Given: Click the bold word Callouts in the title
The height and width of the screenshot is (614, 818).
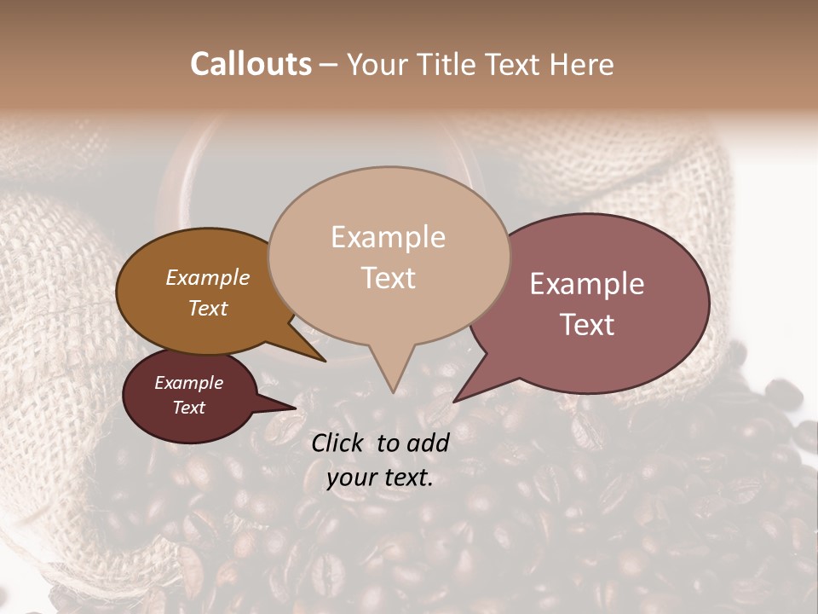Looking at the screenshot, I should click(251, 64).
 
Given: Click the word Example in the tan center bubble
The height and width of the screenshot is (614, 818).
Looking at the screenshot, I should click(388, 237).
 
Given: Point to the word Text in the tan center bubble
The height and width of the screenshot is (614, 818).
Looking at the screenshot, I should click(388, 278).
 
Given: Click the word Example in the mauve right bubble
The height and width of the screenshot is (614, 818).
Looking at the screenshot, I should click(587, 284).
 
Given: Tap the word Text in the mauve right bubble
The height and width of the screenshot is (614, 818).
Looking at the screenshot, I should click(587, 325).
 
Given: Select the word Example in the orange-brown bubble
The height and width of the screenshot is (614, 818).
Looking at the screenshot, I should click(208, 278).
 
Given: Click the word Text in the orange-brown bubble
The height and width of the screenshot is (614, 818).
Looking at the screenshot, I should click(208, 308).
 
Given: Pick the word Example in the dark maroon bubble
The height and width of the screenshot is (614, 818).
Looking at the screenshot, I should click(188, 383).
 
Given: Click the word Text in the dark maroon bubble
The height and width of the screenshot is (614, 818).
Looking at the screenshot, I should click(188, 408).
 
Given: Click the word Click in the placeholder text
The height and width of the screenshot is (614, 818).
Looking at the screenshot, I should click(340, 443).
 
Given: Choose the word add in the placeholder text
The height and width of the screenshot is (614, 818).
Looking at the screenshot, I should click(429, 443).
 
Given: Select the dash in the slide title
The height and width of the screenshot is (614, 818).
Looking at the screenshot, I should click(329, 65).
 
